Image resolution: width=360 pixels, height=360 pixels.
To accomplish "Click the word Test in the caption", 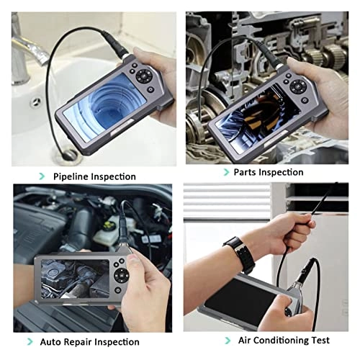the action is [320, 341].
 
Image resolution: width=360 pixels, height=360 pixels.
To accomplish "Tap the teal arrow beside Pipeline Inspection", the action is [42, 176].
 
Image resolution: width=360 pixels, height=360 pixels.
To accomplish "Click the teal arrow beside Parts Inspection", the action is [226, 172].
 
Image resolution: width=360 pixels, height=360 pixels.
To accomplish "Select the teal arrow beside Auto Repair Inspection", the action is [30, 341].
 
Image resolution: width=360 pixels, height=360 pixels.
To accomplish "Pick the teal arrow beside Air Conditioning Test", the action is [228, 341].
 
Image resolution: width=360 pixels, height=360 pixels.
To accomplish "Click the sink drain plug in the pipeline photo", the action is [69, 155].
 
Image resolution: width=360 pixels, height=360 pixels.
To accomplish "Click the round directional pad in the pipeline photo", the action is [144, 76].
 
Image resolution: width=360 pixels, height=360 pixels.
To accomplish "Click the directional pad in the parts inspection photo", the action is [298, 86].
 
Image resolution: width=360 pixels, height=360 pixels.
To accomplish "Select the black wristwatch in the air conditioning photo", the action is [240, 254].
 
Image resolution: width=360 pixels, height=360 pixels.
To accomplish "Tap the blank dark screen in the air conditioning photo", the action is [243, 299].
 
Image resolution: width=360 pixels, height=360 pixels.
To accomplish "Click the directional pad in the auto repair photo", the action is [122, 275].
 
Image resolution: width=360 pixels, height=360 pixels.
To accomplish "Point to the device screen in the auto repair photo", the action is [75, 279].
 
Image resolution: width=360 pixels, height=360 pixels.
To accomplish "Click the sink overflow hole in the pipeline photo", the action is [37, 102].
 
